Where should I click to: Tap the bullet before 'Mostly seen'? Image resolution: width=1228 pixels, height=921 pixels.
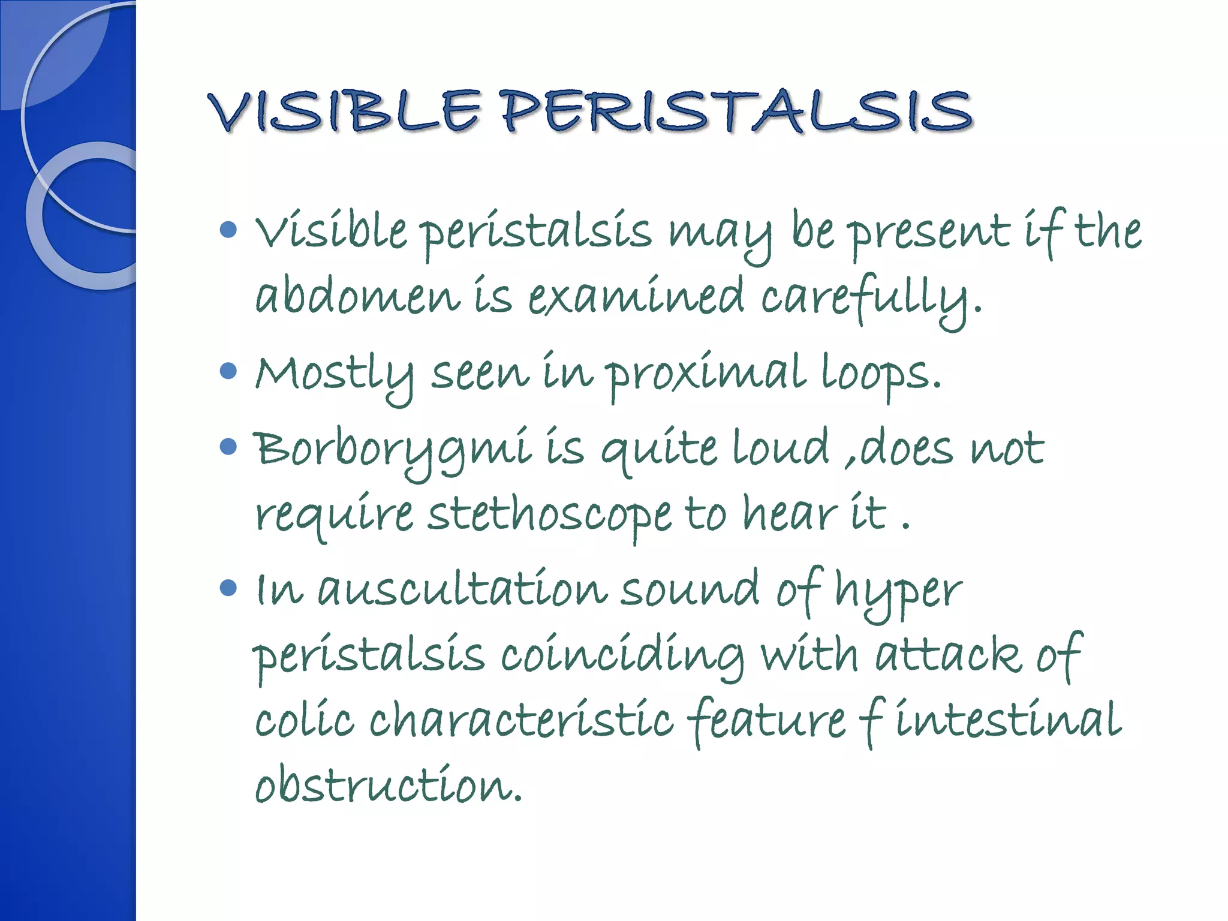[228, 371]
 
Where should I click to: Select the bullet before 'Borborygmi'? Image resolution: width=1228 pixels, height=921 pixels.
[228, 447]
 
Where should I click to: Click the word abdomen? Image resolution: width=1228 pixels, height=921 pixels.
[357, 297]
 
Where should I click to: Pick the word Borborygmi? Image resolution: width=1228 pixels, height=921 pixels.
[393, 450]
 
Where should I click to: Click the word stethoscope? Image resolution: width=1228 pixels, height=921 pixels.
[549, 515]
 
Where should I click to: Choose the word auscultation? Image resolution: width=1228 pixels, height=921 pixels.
[462, 590]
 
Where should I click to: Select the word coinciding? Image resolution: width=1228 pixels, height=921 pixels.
[622, 655]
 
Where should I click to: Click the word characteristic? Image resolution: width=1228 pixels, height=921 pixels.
[522, 720]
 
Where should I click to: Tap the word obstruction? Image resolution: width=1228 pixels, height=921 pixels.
[388, 785]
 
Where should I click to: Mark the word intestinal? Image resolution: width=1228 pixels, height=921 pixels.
[1007, 720]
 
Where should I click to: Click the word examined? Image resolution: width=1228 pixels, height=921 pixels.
[636, 297]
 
